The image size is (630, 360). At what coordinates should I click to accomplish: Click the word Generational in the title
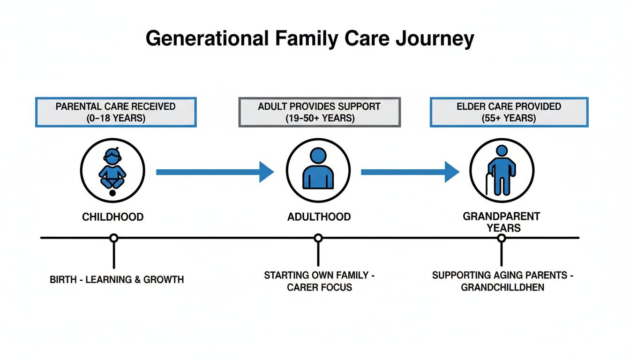point(208,38)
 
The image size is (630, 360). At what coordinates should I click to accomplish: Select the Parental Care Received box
point(116,112)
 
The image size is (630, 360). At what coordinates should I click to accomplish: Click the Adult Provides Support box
point(320,112)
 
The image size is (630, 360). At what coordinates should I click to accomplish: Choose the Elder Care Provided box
point(509,112)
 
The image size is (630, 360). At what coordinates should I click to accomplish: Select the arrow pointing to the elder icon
point(410,172)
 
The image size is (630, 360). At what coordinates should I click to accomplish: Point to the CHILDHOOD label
point(112,217)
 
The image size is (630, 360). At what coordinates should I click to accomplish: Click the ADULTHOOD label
point(319,217)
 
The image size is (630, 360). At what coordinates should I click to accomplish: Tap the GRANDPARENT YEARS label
point(502,222)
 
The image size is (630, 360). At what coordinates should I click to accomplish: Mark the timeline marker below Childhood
point(113,238)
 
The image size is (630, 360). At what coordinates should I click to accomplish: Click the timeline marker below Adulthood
point(318,238)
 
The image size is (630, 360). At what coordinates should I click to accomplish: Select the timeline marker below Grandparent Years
point(502,238)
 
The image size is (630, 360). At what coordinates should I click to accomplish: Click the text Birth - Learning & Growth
point(117,280)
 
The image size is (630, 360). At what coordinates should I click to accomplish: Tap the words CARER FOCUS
point(319,287)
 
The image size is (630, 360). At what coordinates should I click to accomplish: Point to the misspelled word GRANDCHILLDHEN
point(502,287)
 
